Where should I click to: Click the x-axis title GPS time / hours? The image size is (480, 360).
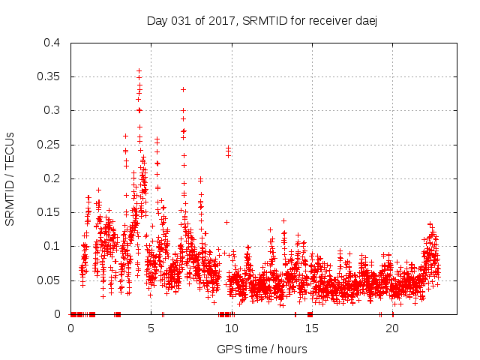[261, 349]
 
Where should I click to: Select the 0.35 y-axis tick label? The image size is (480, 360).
[49, 76]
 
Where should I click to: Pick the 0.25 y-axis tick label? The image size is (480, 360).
[49, 144]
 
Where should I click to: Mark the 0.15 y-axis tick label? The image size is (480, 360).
[49, 212]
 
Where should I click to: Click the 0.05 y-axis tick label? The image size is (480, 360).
[49, 280]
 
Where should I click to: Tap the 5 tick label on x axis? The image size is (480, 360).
[151, 328]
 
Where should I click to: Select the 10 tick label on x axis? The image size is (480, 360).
[232, 328]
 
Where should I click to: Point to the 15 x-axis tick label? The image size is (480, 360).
[312, 328]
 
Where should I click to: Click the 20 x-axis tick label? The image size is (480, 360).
[392, 328]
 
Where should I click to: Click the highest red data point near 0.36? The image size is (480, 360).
[139, 71]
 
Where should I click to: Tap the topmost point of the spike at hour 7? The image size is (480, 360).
[183, 89]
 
